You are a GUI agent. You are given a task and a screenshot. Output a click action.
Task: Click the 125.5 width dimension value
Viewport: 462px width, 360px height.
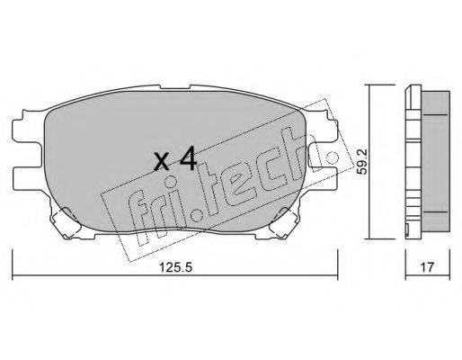pyautogui.click(x=175, y=267)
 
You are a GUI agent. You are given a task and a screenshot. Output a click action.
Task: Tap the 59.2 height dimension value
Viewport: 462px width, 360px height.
pyautogui.click(x=363, y=162)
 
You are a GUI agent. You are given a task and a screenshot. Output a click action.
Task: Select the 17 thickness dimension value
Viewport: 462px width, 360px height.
pyautogui.click(x=427, y=267)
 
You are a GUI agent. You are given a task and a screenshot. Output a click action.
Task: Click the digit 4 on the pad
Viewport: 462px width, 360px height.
pyautogui.click(x=188, y=160)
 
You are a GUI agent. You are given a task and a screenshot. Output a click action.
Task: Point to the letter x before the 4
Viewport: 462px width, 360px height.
pyautogui.click(x=162, y=163)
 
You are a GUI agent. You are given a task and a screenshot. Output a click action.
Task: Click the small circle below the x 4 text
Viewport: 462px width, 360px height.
pyautogui.click(x=170, y=181)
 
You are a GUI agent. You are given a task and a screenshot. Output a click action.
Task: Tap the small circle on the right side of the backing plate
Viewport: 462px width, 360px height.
pyautogui.click(x=333, y=157)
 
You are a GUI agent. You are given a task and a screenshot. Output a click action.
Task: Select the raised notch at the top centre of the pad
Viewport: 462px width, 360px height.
pyautogui.click(x=175, y=86)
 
